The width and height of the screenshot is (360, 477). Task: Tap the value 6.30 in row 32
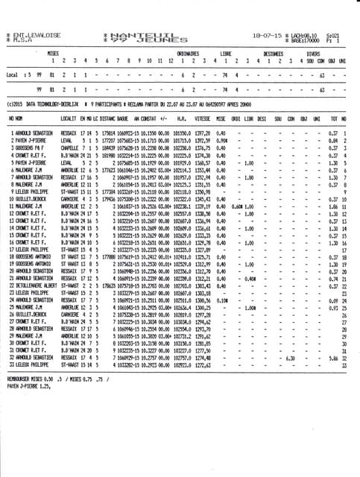click(291, 357)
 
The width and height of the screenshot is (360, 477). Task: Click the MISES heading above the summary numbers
click(52, 54)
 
